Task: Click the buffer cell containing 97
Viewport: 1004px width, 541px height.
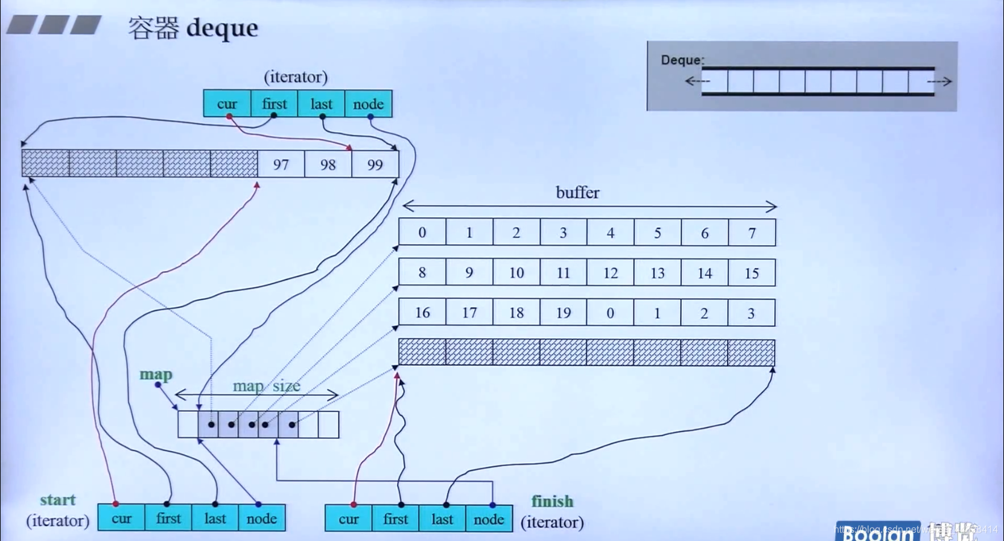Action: pyautogui.click(x=281, y=164)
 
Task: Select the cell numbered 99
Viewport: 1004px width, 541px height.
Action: pyautogui.click(x=375, y=164)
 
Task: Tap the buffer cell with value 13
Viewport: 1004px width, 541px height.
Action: pyautogui.click(x=658, y=273)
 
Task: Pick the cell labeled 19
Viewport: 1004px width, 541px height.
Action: pyautogui.click(x=564, y=313)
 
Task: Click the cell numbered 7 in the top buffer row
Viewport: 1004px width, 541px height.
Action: pyautogui.click(x=752, y=233)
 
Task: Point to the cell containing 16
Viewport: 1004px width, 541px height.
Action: pyautogui.click(x=422, y=313)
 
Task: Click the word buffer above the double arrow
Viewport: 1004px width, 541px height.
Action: pyautogui.click(x=577, y=193)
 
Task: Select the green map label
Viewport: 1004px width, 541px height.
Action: pyautogui.click(x=156, y=374)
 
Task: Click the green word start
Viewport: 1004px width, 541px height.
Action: pyautogui.click(x=58, y=500)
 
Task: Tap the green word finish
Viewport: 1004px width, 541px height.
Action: pyautogui.click(x=552, y=501)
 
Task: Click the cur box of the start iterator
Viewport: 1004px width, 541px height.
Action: pyautogui.click(x=121, y=518)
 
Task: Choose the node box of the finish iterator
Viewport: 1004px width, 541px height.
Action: pyautogui.click(x=489, y=519)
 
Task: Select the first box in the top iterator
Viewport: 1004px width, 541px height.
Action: pyautogui.click(x=274, y=104)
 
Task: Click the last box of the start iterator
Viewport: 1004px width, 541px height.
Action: pyautogui.click(x=215, y=518)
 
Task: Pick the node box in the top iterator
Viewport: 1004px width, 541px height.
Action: pyautogui.click(x=368, y=104)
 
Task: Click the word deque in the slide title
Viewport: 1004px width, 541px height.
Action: pyautogui.click(x=222, y=28)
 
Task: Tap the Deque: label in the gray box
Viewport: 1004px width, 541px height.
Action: pyautogui.click(x=682, y=60)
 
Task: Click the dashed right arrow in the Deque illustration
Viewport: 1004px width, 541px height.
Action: pyautogui.click(x=939, y=81)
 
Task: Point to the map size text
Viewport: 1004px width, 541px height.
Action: pyautogui.click(x=266, y=386)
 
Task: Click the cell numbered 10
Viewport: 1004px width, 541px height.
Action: pyautogui.click(x=516, y=273)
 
